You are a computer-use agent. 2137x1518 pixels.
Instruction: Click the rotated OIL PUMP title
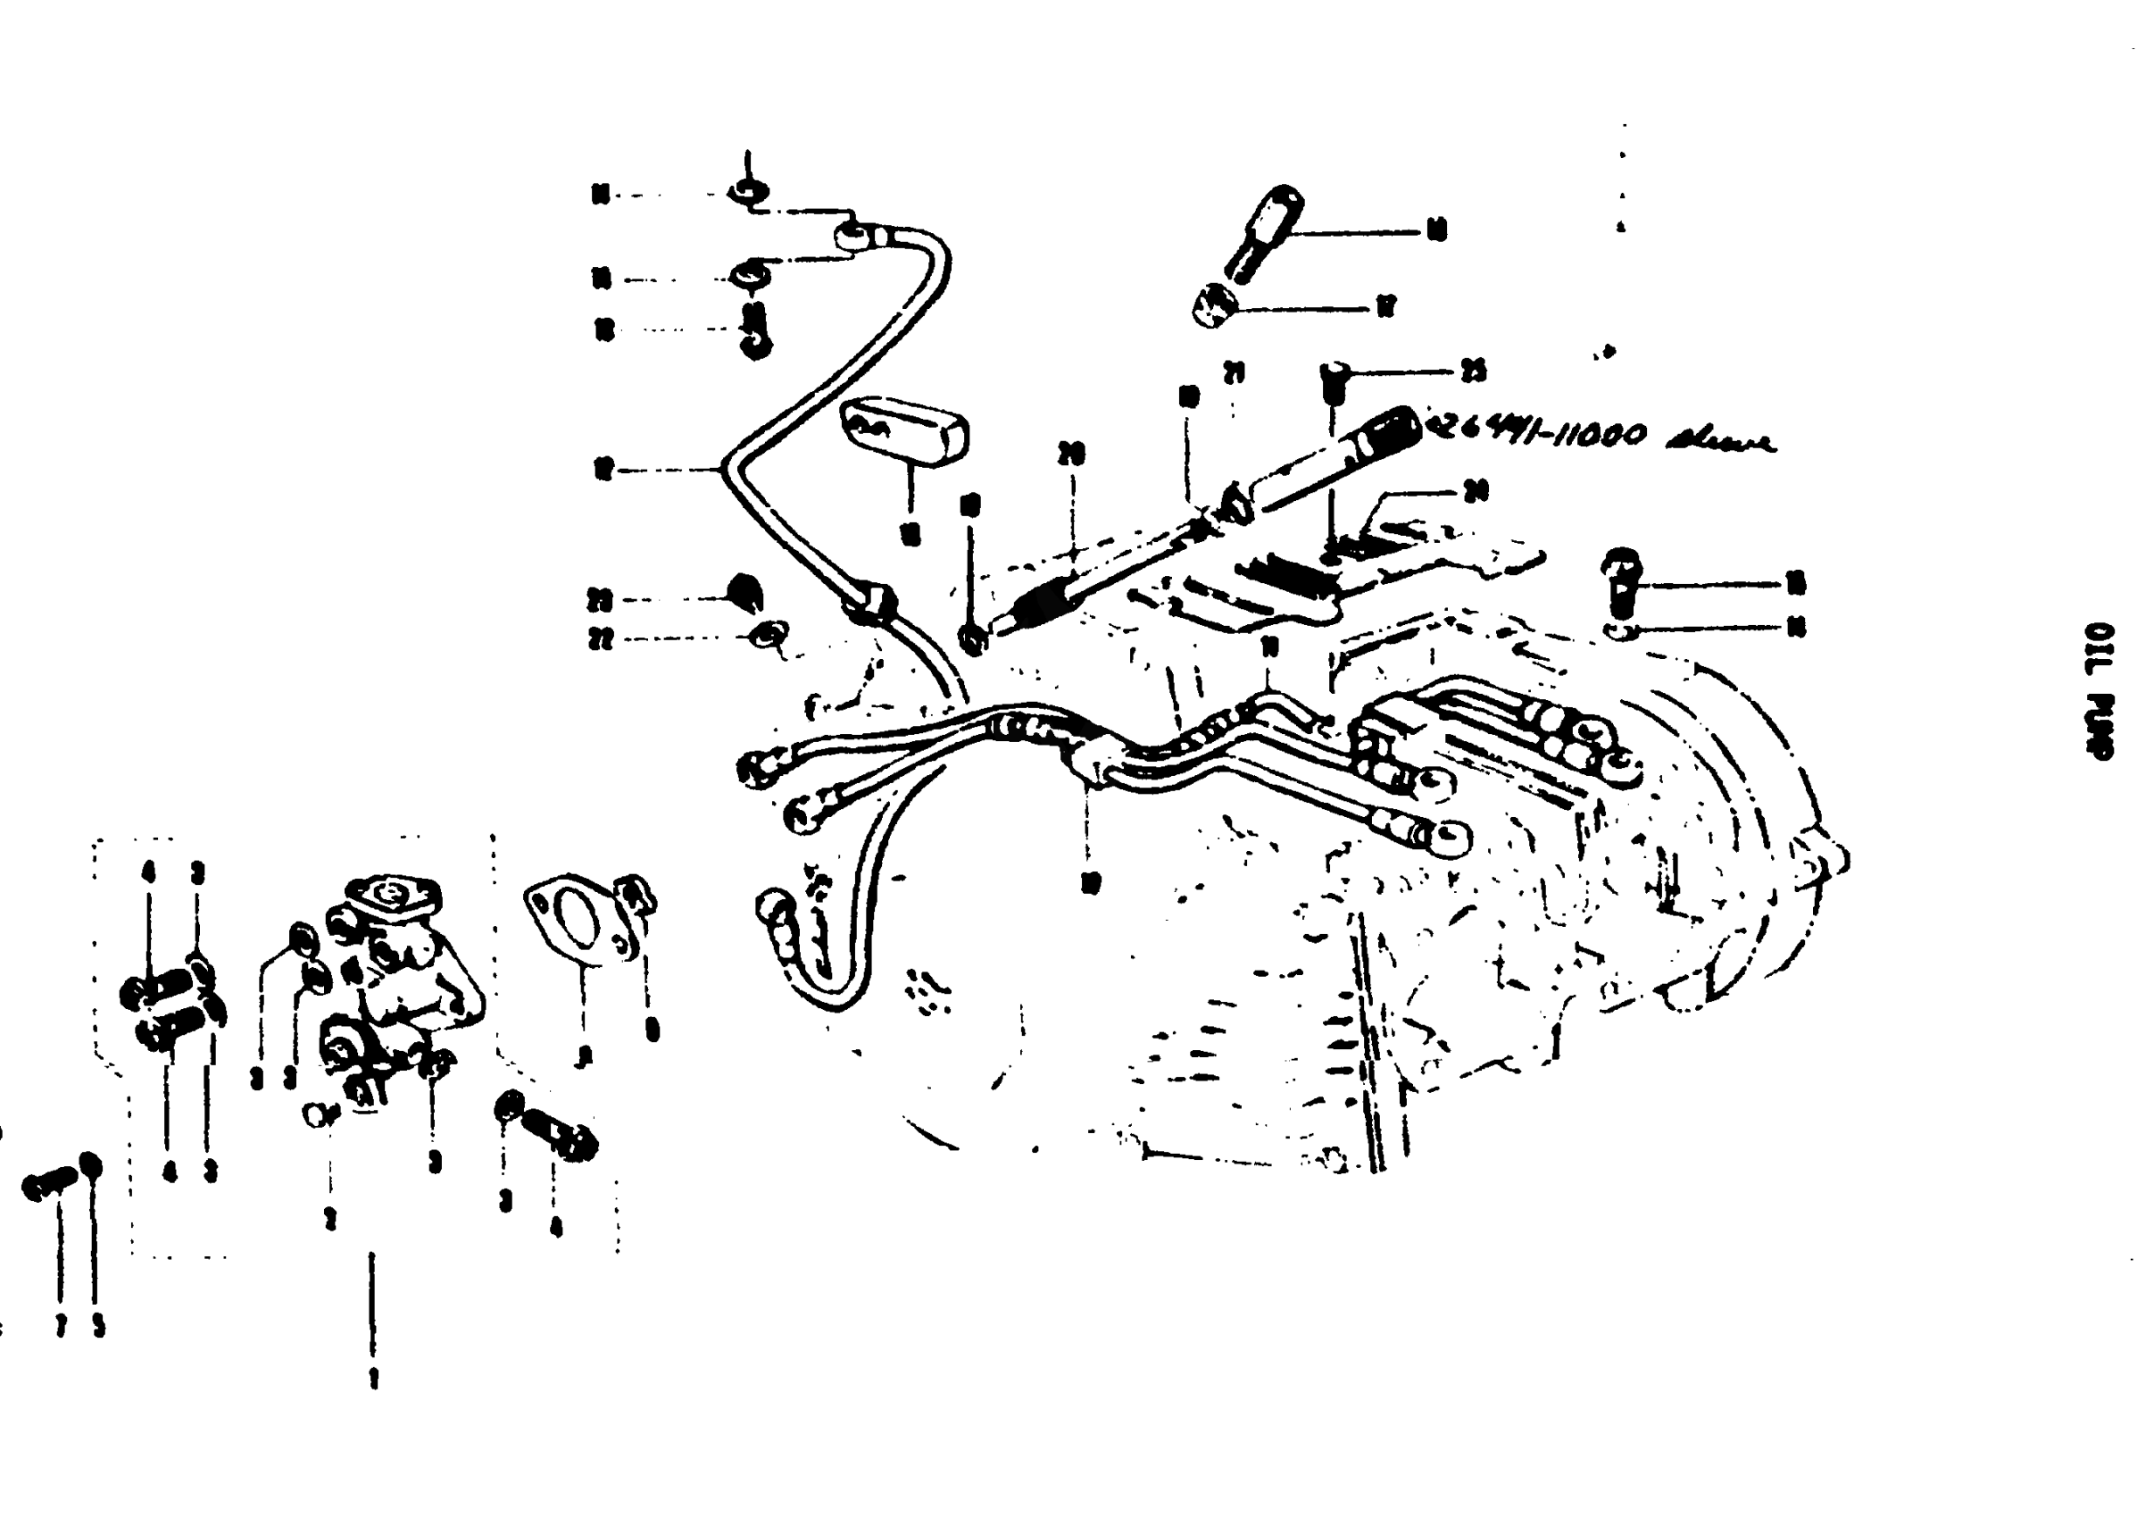coord(2100,692)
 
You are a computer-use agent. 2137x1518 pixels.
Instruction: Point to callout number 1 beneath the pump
coord(373,1378)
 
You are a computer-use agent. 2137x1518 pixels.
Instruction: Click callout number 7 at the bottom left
coord(61,1325)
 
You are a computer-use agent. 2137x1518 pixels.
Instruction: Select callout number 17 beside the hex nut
coord(1384,306)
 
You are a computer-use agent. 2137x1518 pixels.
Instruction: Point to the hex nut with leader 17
coord(1216,306)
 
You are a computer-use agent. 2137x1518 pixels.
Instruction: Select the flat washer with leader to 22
coord(771,636)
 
